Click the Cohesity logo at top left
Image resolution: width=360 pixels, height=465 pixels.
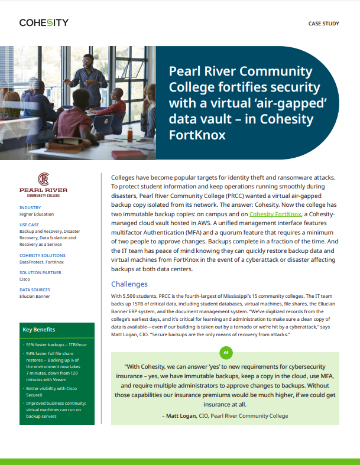[44, 23]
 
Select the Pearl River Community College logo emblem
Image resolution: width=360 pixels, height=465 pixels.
[43, 179]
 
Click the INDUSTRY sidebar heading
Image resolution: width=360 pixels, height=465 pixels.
[30, 207]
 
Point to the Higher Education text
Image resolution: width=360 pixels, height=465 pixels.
[37, 214]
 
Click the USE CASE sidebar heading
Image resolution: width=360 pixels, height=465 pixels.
[30, 225]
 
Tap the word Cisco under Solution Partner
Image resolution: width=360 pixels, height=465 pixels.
[25, 279]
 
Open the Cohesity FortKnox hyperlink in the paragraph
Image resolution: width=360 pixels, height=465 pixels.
[275, 213]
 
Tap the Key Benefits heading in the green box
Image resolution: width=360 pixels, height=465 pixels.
[39, 330]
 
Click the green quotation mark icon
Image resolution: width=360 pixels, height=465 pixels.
[225, 353]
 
